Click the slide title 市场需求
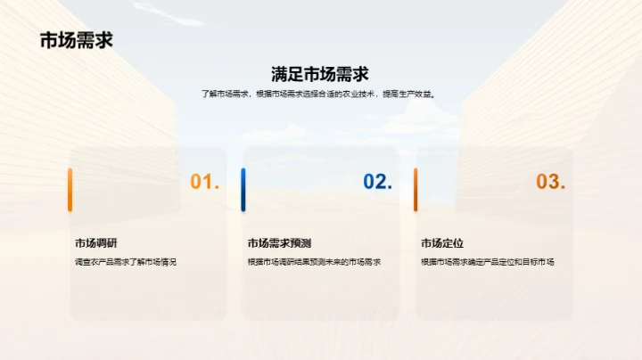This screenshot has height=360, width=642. point(76,41)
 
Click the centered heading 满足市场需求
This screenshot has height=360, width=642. point(320,74)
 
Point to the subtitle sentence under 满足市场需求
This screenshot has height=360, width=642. point(320,94)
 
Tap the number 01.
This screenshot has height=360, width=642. point(205,182)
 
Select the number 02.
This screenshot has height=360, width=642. point(378,182)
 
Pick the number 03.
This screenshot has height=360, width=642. point(551,182)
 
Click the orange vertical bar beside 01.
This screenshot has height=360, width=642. point(70,189)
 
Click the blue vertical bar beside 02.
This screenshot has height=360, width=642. point(243,189)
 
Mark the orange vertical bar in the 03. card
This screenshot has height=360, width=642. point(416,189)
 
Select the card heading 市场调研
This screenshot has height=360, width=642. point(95,242)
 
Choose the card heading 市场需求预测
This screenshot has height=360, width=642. point(279,242)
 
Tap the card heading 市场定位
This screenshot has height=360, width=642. point(442,242)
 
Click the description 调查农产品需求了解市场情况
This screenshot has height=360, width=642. point(126,262)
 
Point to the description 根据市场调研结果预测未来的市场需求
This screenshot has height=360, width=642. point(314,262)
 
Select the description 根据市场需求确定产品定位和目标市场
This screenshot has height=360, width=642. point(488,262)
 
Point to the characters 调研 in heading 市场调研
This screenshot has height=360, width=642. point(107,242)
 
